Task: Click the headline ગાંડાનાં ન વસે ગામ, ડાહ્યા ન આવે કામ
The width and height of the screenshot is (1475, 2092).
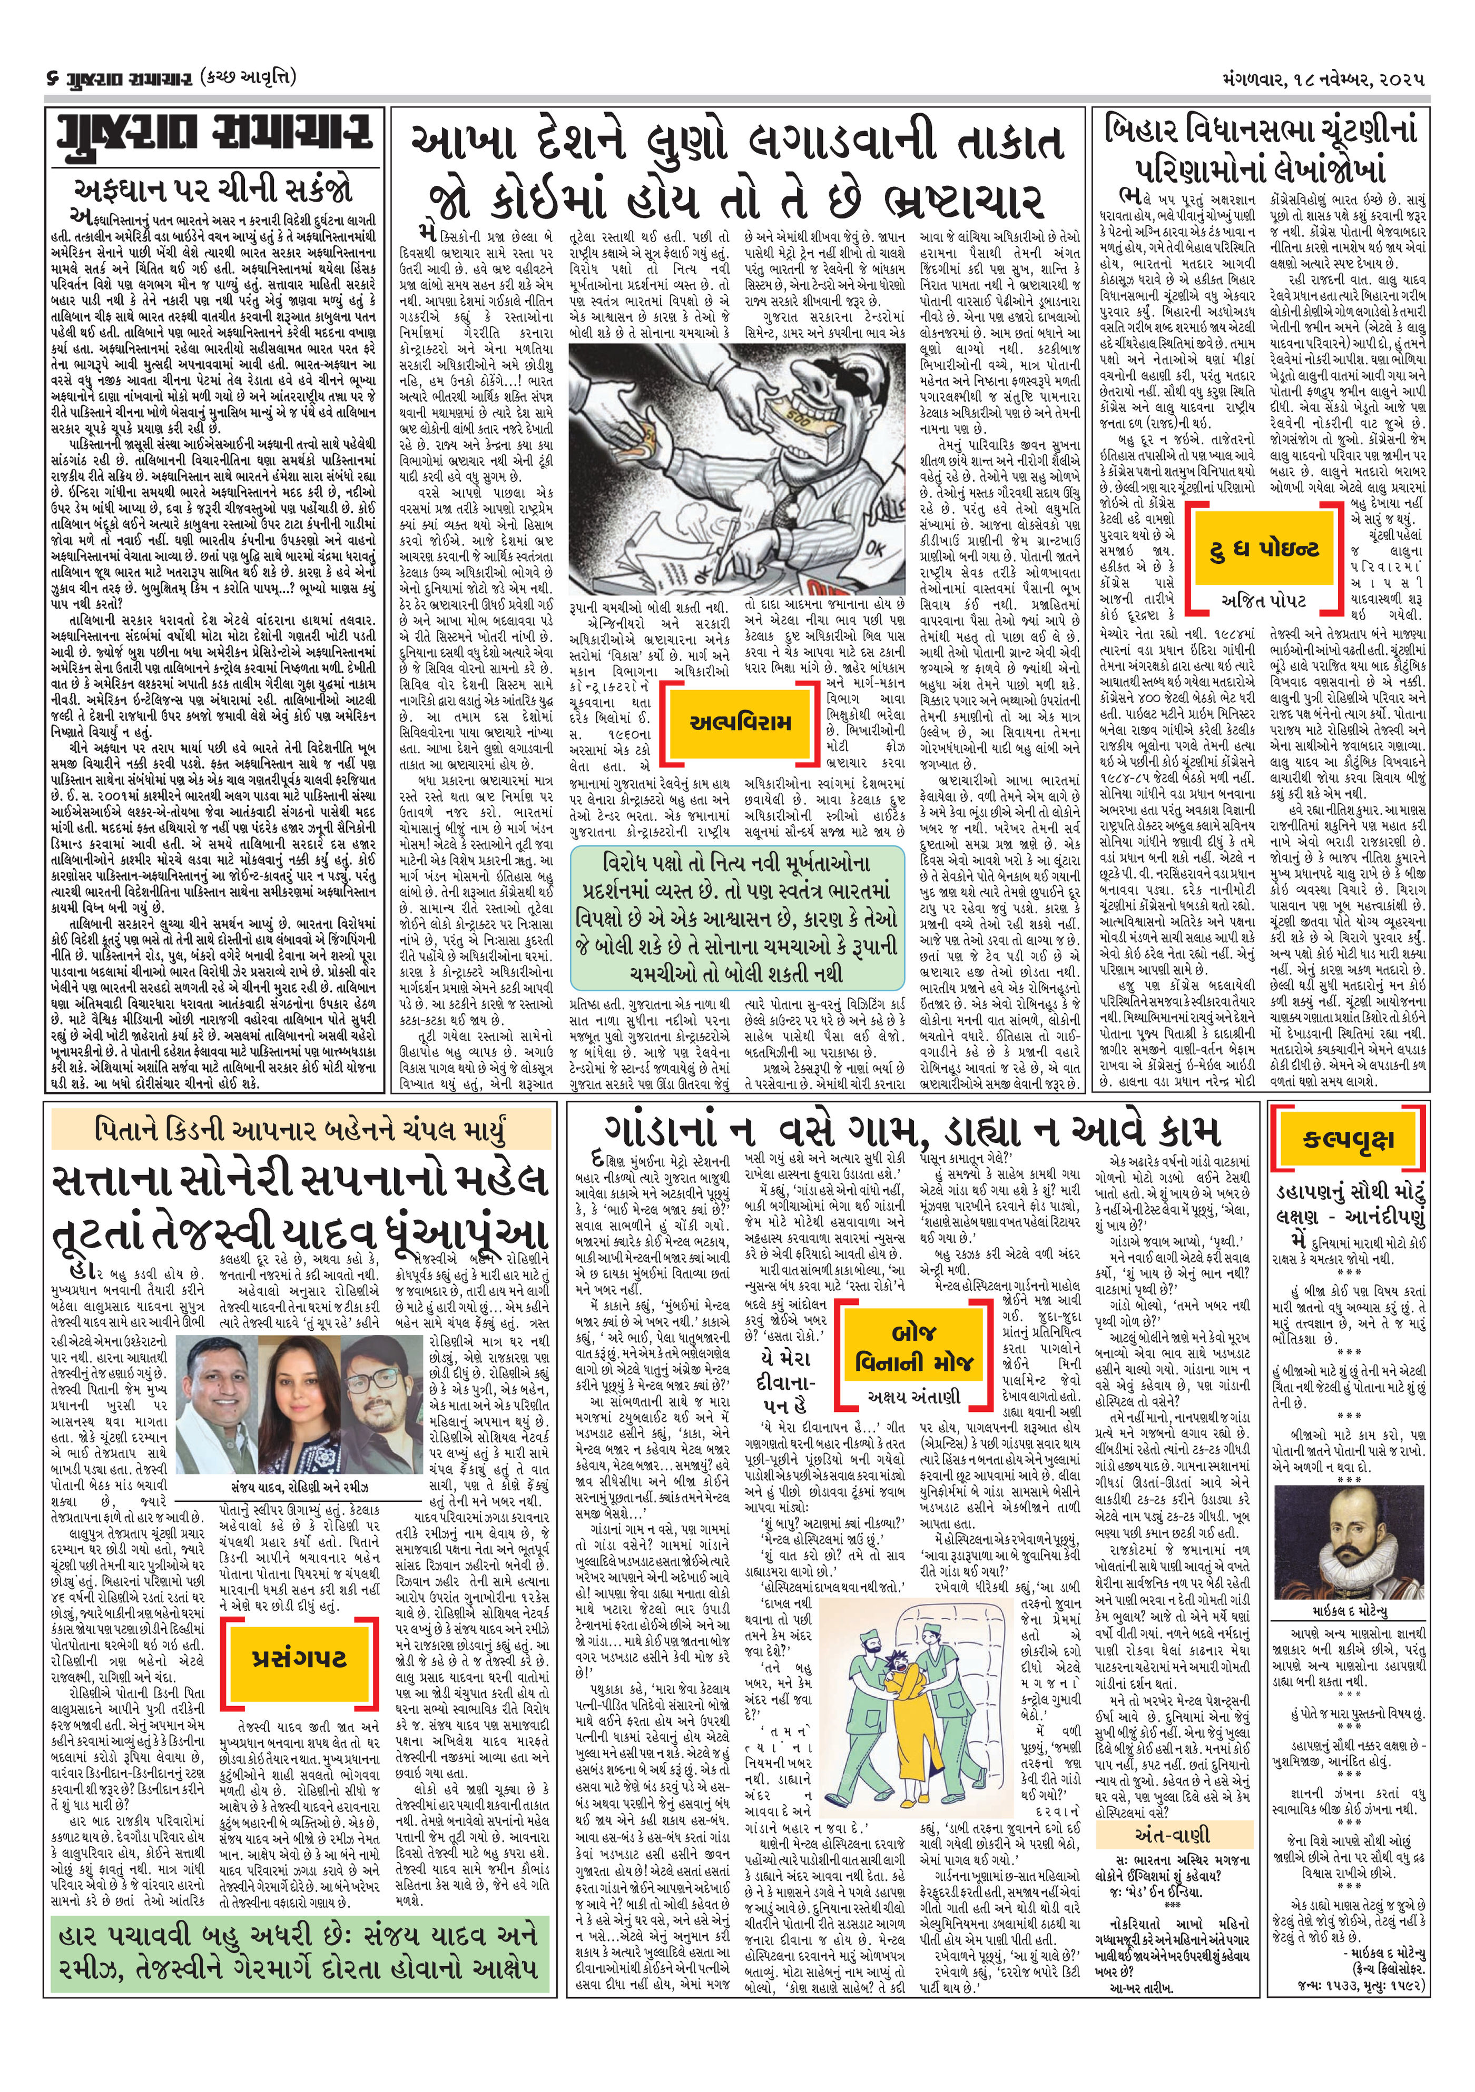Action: tap(912, 1134)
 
